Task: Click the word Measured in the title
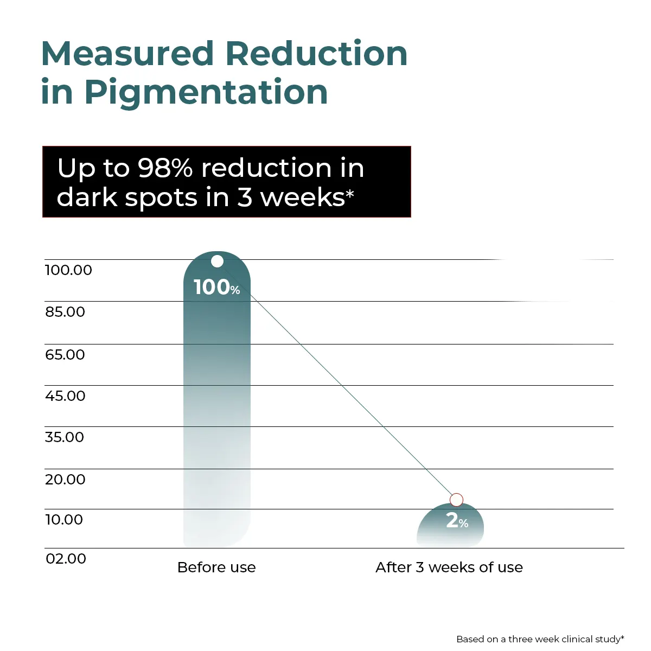(x=128, y=54)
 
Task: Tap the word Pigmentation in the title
(x=206, y=92)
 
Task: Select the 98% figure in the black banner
(x=165, y=168)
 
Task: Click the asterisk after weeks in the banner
(x=350, y=193)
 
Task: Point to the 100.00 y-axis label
(x=68, y=270)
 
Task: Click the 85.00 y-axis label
(x=65, y=312)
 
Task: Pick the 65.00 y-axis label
(x=65, y=355)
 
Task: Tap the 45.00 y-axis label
(x=65, y=396)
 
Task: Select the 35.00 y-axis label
(x=65, y=437)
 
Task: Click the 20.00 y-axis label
(x=65, y=480)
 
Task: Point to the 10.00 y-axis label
(x=64, y=520)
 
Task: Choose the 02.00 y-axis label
(x=66, y=559)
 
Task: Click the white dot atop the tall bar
(x=217, y=261)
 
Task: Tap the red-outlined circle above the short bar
(x=457, y=500)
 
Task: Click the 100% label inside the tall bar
(x=216, y=288)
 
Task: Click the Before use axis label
(x=216, y=567)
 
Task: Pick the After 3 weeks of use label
(x=449, y=567)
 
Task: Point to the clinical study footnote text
(x=540, y=639)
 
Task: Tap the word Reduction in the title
(x=316, y=54)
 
